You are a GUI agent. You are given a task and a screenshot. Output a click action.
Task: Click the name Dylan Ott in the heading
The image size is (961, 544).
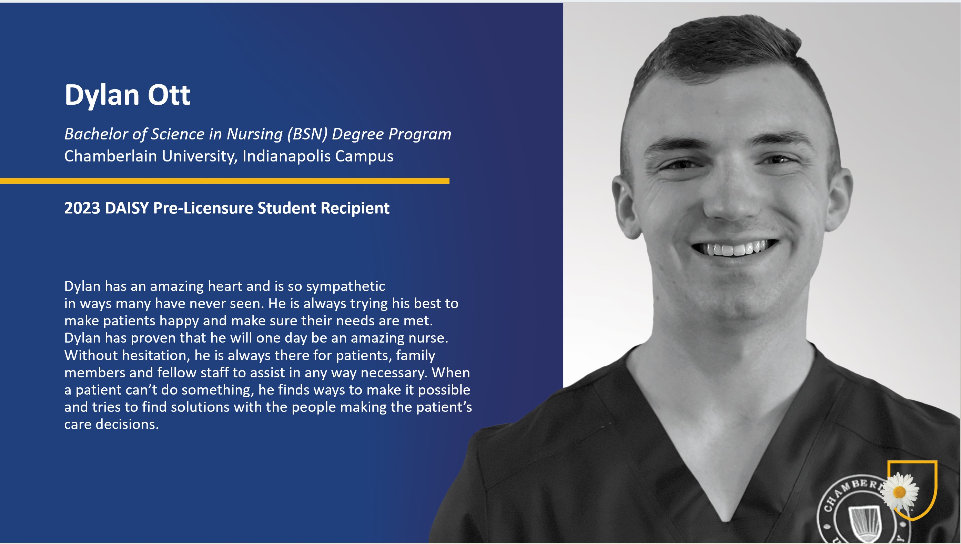point(128,95)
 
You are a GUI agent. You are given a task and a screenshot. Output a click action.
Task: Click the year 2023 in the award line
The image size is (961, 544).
point(82,208)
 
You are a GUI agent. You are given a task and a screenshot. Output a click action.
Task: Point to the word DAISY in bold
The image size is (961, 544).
point(127,208)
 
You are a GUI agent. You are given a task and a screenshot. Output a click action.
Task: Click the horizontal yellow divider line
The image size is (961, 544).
point(224,181)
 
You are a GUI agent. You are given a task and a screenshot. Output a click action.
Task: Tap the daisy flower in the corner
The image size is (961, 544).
point(900,492)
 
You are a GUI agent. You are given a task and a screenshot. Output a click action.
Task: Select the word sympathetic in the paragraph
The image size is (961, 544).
point(345,286)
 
